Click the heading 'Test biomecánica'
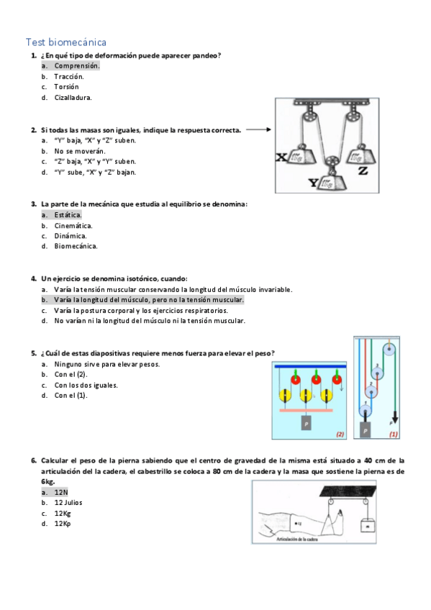(66, 42)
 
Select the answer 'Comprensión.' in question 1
(77, 65)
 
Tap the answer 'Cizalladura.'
(73, 98)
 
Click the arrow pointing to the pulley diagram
(258, 130)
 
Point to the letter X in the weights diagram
(281, 157)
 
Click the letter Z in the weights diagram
(363, 170)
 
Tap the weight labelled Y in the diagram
(331, 181)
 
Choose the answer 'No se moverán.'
(80, 151)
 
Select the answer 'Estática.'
(68, 215)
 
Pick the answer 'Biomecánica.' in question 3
(76, 246)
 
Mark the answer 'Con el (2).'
(71, 374)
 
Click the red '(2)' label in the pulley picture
(340, 434)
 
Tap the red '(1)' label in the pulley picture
(394, 434)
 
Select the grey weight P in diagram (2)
(306, 423)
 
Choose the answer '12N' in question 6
(61, 492)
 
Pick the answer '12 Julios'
(68, 503)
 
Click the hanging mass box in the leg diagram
(367, 526)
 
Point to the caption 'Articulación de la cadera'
(296, 540)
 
